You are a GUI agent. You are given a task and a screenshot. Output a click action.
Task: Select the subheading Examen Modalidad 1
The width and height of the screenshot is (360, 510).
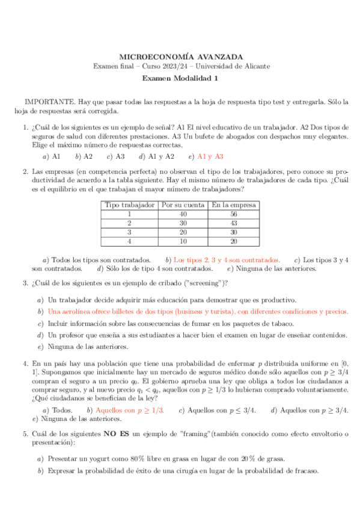180,78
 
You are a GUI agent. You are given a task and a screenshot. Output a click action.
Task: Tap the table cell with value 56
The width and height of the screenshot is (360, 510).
233,214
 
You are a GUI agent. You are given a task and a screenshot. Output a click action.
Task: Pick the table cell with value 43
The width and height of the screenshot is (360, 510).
233,223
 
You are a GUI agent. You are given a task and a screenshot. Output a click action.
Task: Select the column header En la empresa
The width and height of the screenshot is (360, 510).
233,204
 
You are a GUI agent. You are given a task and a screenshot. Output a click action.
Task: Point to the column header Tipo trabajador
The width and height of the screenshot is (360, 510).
129,204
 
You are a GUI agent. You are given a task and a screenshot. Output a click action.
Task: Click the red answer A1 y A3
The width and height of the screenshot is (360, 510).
210,156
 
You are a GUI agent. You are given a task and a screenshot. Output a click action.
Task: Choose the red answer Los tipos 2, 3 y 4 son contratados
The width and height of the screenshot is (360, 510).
227,260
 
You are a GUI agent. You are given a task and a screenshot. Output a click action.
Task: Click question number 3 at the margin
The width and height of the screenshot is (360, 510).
25,283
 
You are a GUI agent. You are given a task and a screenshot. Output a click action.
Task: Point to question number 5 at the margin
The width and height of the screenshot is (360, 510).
25,433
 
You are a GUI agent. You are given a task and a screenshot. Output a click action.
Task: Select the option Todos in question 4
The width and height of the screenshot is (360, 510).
63,410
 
